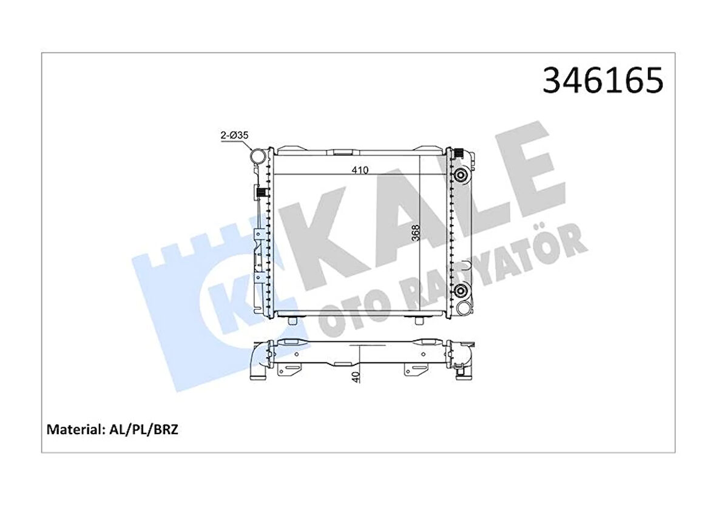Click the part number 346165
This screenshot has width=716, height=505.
pyautogui.click(x=603, y=81)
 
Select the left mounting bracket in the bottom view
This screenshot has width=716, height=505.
pyautogui.click(x=291, y=370)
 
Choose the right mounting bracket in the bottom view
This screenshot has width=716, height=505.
pyautogui.click(x=415, y=370)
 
